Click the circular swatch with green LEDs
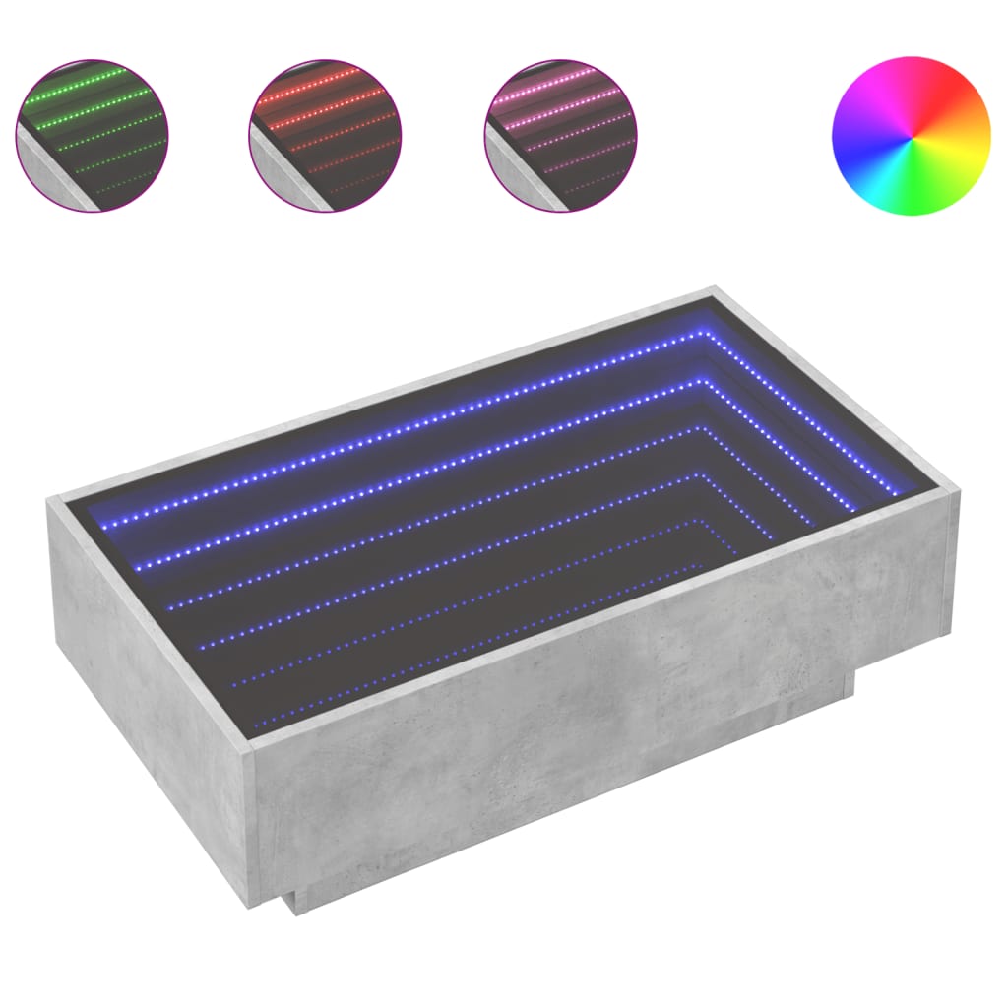pos(92,135)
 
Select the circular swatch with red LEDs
pos(326,135)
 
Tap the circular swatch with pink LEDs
pos(561,135)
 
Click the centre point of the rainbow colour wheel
pos(911,136)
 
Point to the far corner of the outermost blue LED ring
pos(705,332)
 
